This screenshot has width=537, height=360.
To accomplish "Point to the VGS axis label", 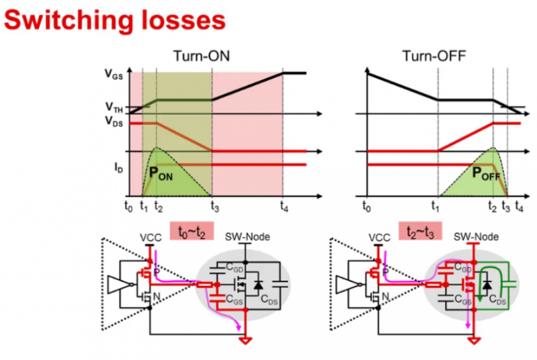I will pyautogui.click(x=113, y=76).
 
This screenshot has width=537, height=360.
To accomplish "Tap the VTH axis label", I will pyautogui.click(x=113, y=106).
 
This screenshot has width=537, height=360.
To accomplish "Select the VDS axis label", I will pyautogui.click(x=113, y=122).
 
